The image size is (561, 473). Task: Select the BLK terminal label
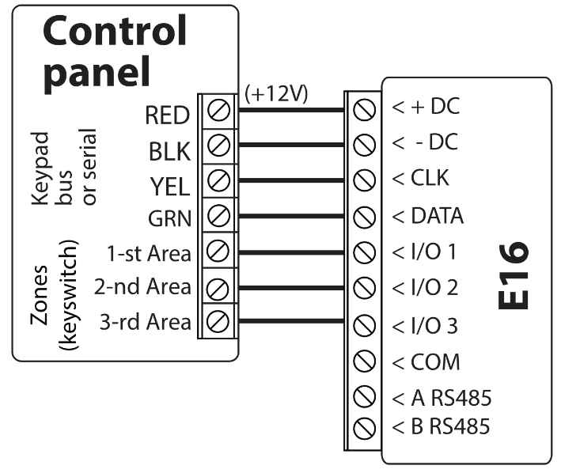[169, 151]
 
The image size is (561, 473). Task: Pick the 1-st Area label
[149, 254]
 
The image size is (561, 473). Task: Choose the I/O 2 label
[425, 288]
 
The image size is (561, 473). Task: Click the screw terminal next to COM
[364, 363]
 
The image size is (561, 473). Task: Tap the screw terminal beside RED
[218, 112]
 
